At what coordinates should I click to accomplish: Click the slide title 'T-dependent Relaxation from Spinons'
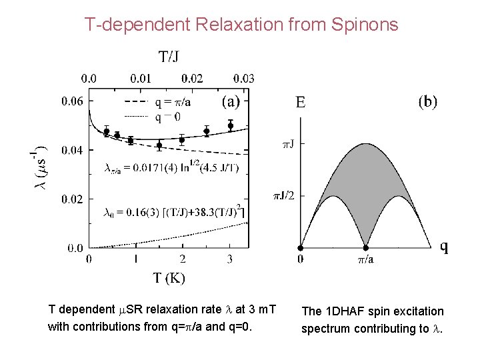coord(241,25)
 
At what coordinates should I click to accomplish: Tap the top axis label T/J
coord(168,57)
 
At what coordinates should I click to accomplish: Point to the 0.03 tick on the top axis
coord(243,79)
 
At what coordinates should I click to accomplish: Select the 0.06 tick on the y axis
coord(73,102)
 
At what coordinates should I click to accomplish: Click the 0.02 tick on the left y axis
coord(73,199)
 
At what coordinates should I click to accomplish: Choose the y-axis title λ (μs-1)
coord(41,167)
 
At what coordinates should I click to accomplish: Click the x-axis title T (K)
coord(169,277)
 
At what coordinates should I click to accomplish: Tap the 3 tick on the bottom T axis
coord(230,259)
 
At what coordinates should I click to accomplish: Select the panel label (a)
coord(230,101)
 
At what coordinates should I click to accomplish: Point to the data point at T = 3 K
coord(230,125)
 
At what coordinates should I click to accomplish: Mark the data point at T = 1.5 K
coord(159,145)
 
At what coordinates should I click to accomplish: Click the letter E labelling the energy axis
coord(301,103)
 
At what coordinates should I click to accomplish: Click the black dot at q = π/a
coord(365,247)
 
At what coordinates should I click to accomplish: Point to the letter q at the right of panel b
coord(444,247)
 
